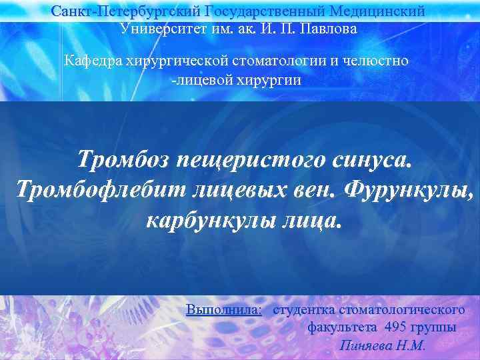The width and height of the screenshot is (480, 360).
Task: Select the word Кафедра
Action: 89,61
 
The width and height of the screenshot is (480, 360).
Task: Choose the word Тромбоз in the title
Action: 124,160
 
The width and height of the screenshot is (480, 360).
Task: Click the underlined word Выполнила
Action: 224,310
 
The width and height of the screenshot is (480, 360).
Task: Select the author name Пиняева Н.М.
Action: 382,346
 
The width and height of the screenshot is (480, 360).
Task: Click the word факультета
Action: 342,328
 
